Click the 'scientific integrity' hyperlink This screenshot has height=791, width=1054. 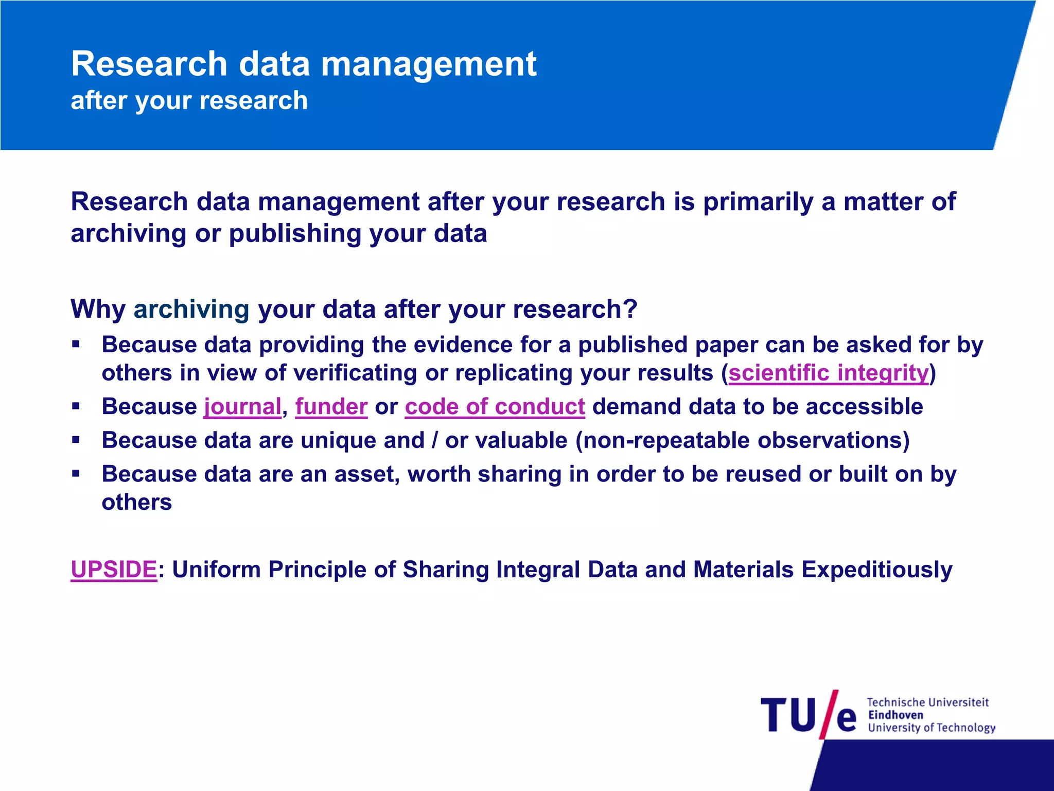tap(829, 373)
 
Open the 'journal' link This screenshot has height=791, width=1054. tap(242, 407)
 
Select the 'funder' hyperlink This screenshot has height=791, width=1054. tap(331, 407)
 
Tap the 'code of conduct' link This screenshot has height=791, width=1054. tap(495, 407)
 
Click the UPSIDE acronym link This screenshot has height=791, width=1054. tap(114, 570)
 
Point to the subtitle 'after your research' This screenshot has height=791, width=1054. tap(189, 100)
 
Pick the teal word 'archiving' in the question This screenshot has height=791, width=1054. tap(191, 309)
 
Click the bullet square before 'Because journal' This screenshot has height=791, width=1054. tap(76, 406)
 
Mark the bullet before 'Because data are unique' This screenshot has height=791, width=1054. tap(76, 440)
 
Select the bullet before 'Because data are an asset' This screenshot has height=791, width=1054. tap(76, 473)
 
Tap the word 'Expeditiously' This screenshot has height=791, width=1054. tap(876, 570)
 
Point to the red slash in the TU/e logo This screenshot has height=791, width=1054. tap(829, 714)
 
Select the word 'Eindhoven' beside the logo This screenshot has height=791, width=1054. tap(895, 715)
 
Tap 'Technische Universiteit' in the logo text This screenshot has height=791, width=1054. tap(927, 702)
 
